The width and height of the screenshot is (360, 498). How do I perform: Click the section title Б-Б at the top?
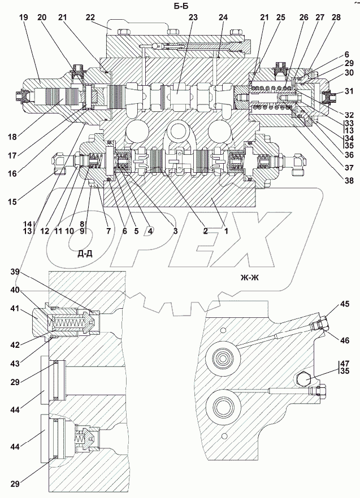coord(182,6)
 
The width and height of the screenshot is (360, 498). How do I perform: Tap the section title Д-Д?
coord(85,254)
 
